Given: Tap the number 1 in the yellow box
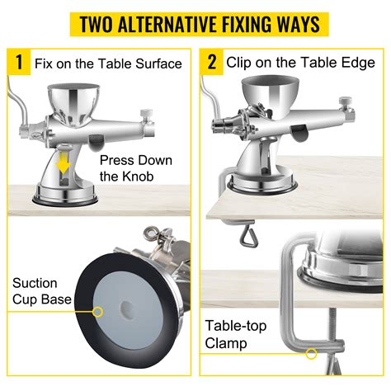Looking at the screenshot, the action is point(19,62).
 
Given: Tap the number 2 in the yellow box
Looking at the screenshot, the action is point(212,62).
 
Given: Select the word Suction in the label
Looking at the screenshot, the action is point(35,283).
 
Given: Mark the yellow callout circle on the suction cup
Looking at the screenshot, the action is point(97,312).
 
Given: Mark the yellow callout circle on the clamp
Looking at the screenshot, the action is point(311,354).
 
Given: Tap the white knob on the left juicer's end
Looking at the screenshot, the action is point(146,114).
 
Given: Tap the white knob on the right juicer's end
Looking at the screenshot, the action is point(346,101).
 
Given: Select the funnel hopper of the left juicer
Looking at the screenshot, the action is point(73,102).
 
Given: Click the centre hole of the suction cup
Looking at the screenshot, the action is point(127,306).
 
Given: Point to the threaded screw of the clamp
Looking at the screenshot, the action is point(332,323).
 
